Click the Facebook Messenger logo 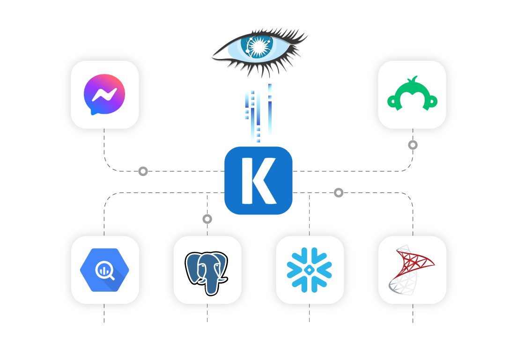click(x=104, y=94)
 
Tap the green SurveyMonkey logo click(x=412, y=94)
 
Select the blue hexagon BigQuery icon click(x=104, y=270)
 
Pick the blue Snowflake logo click(x=309, y=270)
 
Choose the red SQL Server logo click(x=412, y=270)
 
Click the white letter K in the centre click(x=259, y=181)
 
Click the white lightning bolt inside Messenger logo click(x=104, y=95)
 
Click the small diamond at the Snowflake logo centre click(x=309, y=270)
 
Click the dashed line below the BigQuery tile click(x=104, y=313)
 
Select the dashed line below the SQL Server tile click(x=413, y=313)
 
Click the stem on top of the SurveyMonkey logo click(x=412, y=79)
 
